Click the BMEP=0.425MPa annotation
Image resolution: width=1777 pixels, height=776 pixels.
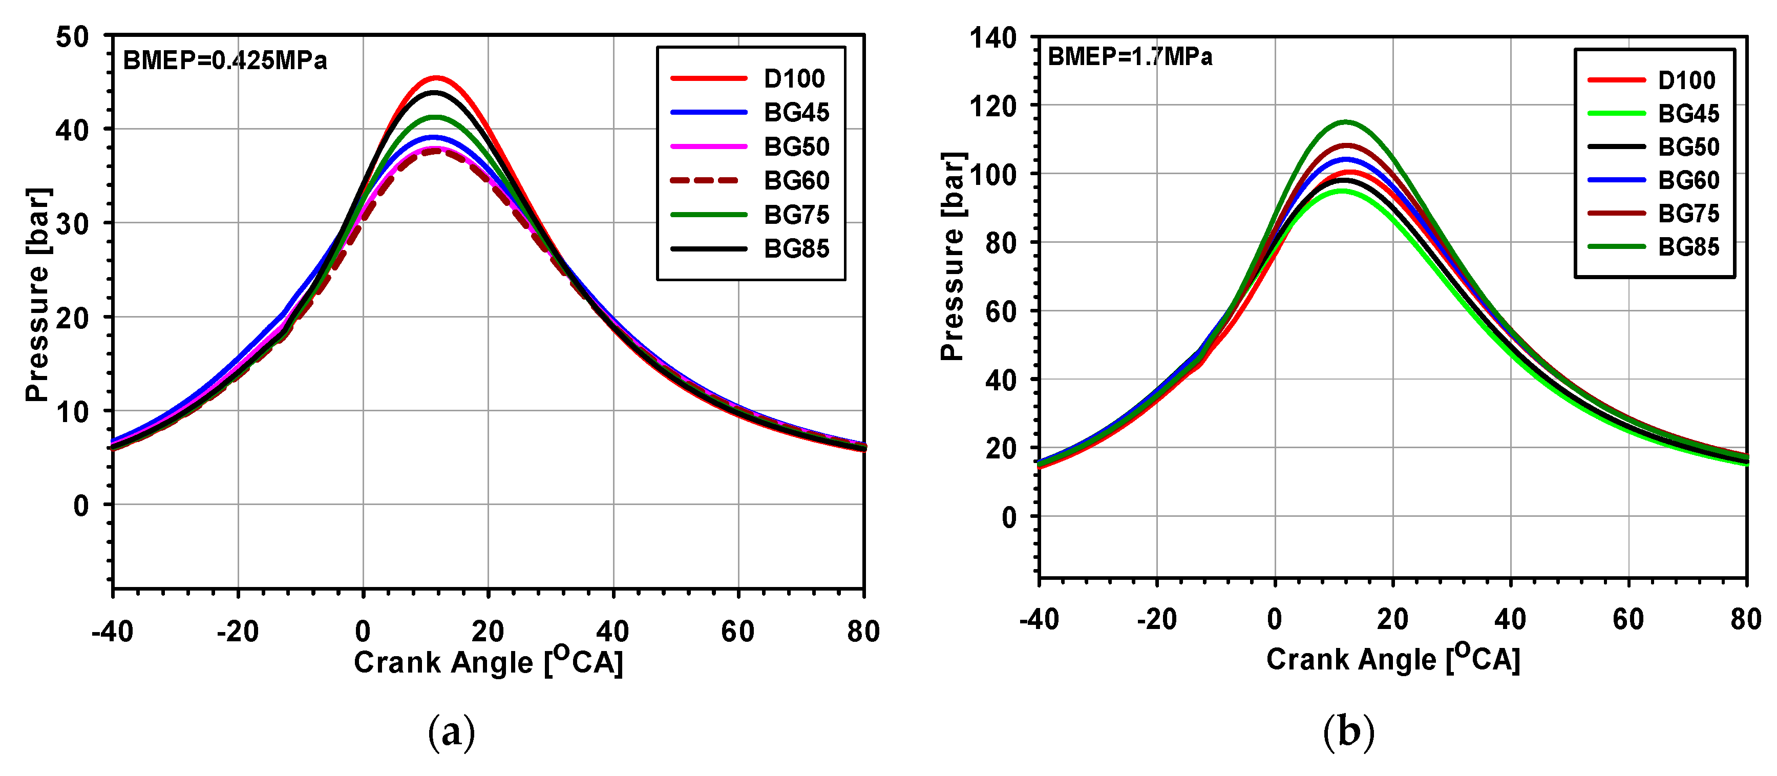(225, 61)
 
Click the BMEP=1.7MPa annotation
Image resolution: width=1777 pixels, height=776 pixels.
(1129, 56)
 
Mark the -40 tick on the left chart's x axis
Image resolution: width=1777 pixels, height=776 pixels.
(113, 631)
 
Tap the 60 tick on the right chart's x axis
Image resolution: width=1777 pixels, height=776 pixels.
(1628, 619)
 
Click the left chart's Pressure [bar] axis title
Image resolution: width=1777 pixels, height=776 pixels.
(38, 295)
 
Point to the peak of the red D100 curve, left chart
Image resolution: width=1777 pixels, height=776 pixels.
(436, 78)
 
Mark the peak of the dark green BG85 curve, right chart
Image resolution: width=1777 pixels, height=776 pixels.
(1345, 122)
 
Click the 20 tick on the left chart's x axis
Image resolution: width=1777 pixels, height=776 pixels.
(488, 631)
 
